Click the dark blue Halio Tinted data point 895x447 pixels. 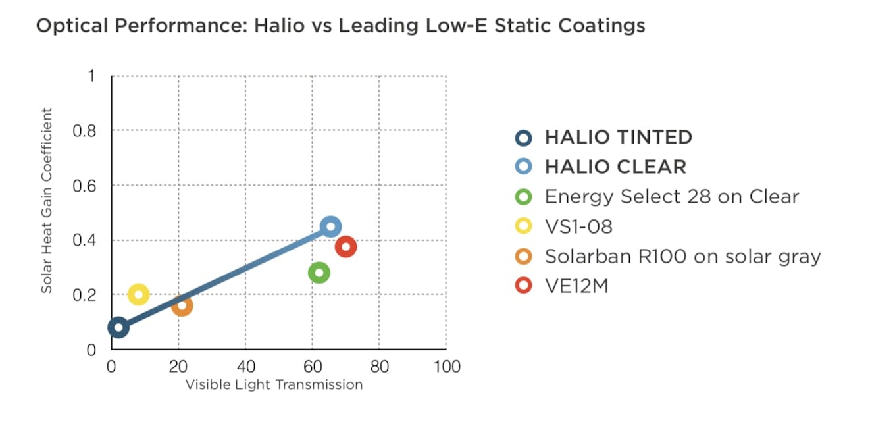click(118, 327)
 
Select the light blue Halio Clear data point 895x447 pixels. click(330, 226)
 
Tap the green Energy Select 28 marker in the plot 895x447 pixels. click(319, 273)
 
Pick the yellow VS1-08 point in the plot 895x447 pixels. click(138, 294)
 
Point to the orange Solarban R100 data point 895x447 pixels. click(182, 305)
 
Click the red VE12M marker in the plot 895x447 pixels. click(345, 247)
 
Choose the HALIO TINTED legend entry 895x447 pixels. click(618, 137)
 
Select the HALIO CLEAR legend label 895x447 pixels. click(615, 167)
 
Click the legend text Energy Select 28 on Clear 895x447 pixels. click(671, 197)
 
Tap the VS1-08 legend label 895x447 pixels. click(578, 226)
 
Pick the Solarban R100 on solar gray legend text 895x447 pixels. click(682, 256)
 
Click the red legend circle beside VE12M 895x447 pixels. click(524, 286)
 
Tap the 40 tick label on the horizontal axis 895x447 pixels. click(245, 367)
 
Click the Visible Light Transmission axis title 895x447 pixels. click(274, 385)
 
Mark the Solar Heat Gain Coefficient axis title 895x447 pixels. click(47, 200)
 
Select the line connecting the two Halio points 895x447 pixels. click(224, 277)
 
